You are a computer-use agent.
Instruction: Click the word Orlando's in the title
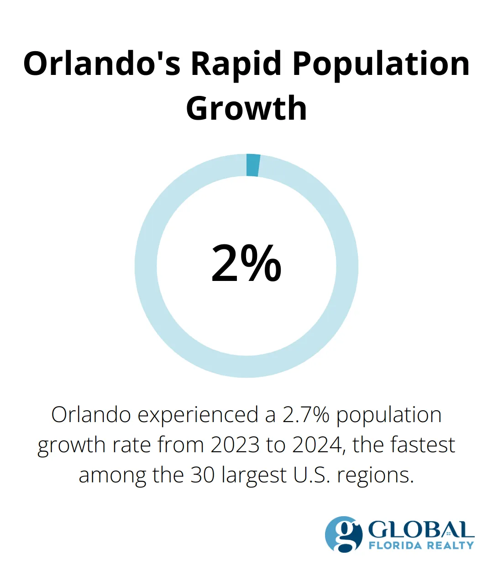101,63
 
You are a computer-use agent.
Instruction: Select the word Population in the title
381,63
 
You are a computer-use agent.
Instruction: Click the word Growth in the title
246,109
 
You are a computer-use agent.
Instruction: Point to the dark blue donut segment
253,165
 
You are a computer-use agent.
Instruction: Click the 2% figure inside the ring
246,264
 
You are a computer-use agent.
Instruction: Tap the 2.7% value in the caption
305,415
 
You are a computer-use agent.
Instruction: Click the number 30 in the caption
203,475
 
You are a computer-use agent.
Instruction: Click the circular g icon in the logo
344,534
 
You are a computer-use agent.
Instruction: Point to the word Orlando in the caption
91,415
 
